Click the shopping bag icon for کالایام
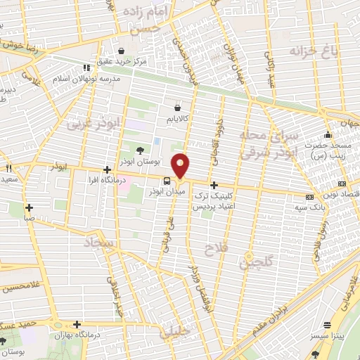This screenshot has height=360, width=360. point(178,108)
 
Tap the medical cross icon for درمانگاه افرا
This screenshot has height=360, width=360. point(107,169)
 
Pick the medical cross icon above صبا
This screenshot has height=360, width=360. point(29,207)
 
